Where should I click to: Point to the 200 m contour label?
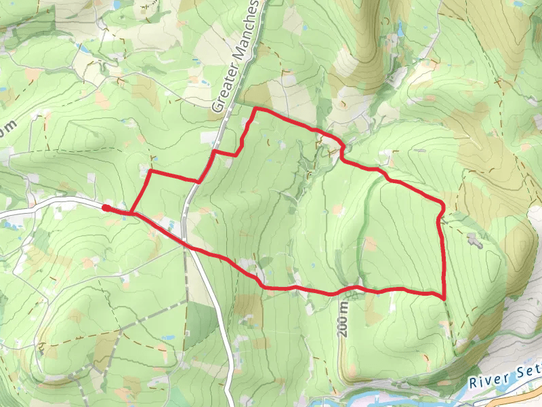pyautogui.click(x=343, y=318)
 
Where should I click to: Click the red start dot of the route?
pyautogui.click(x=106, y=208)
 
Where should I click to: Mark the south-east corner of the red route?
pyautogui.click(x=444, y=297)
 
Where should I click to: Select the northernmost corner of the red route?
pyautogui.click(x=255, y=109)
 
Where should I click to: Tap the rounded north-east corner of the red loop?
pyautogui.click(x=442, y=203)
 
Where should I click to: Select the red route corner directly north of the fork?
pyautogui.click(x=149, y=172)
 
